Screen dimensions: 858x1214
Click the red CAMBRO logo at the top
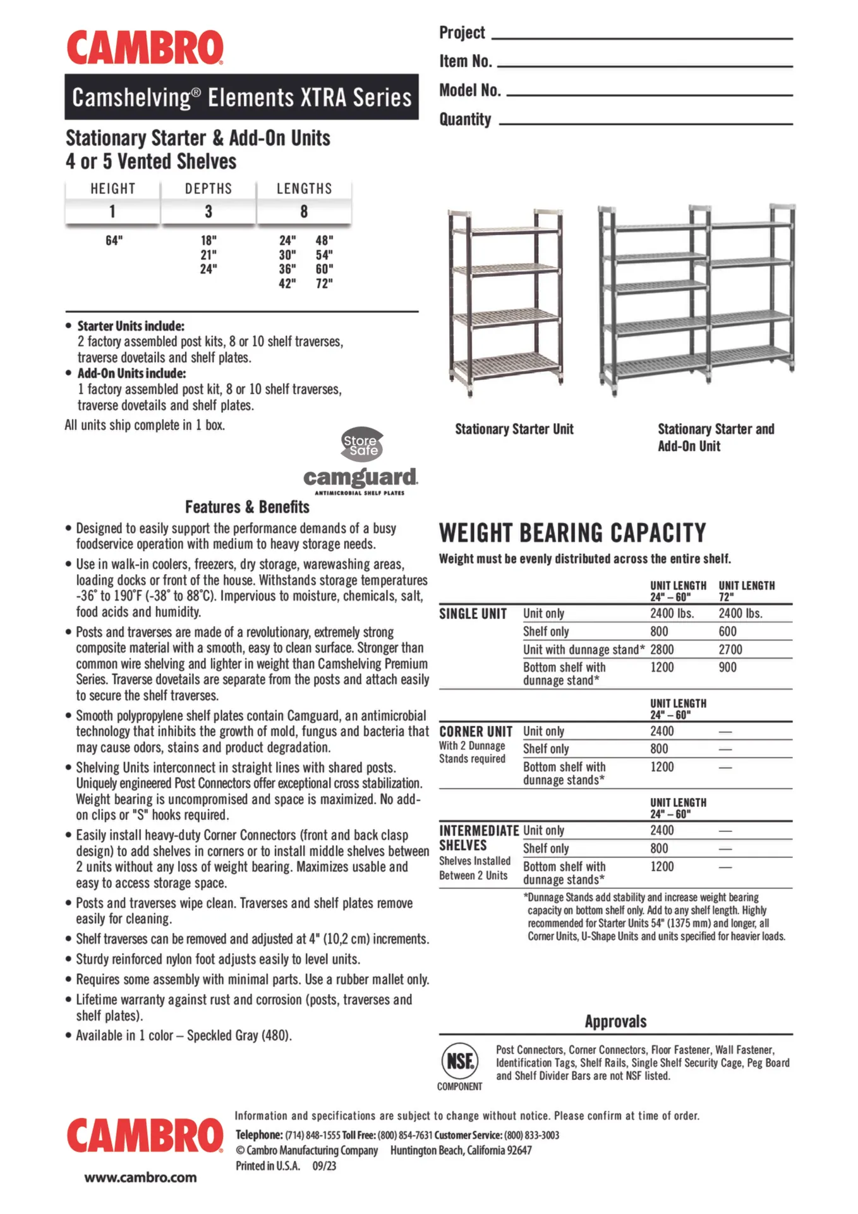pyautogui.click(x=145, y=48)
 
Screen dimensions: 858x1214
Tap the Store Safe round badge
pyautogui.click(x=362, y=445)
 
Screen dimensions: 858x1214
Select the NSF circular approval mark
pyautogui.click(x=459, y=1060)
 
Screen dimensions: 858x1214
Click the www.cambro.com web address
pyautogui.click(x=140, y=1177)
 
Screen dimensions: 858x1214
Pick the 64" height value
pyautogui.click(x=114, y=241)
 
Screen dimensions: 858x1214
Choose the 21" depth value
pyautogui.click(x=208, y=255)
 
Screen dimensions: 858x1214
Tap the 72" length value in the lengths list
pyautogui.click(x=324, y=283)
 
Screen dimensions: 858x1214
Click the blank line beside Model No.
pyautogui.click(x=650, y=95)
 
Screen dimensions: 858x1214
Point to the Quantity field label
pyautogui.click(x=465, y=120)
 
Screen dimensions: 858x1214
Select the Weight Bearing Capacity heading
pyautogui.click(x=572, y=533)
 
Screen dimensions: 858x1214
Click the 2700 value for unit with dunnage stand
pyautogui.click(x=730, y=649)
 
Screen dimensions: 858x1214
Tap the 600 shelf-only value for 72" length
pyautogui.click(x=727, y=631)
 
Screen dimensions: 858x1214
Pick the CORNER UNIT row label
pyautogui.click(x=476, y=732)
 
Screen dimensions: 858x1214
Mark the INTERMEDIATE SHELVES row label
pyautogui.click(x=479, y=838)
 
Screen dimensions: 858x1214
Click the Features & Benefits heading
pyautogui.click(x=247, y=507)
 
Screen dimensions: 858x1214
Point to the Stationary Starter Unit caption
pyautogui.click(x=514, y=429)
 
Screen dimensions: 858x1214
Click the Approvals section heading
pyautogui.click(x=615, y=1022)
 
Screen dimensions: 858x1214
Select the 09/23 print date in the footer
pyautogui.click(x=324, y=1166)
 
